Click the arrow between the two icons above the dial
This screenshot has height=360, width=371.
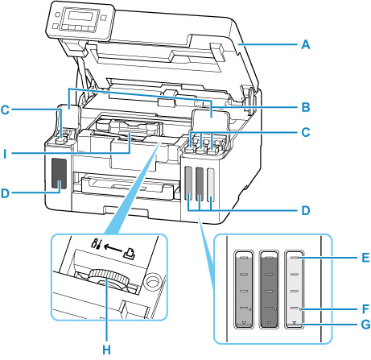coord(104,242)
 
